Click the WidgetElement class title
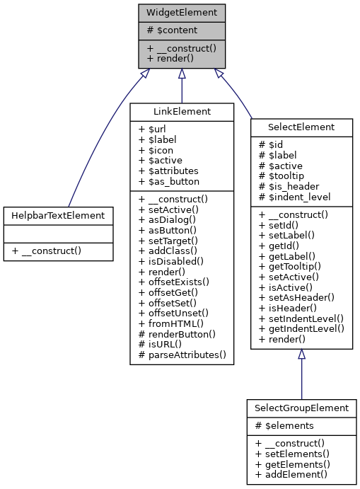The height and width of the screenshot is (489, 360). (182, 13)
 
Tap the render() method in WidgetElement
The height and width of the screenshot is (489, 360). (170, 58)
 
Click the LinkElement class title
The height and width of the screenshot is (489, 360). (181, 112)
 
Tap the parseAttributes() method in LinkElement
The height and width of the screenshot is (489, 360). (182, 354)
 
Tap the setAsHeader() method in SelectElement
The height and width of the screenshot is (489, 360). (296, 298)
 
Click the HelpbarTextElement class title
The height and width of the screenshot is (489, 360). (58, 214)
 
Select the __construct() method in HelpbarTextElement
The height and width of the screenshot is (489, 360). (48, 251)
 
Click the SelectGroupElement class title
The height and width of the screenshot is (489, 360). (302, 408)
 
